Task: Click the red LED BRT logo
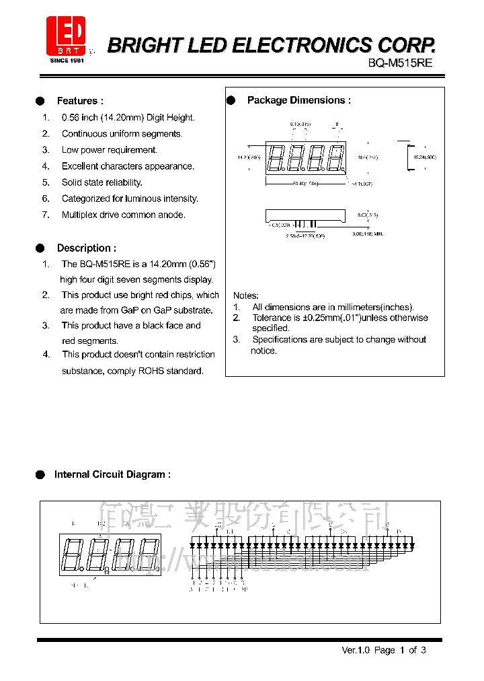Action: pyautogui.click(x=66, y=35)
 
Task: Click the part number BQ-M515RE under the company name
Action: pyautogui.click(x=400, y=62)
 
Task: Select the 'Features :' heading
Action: pyautogui.click(x=80, y=101)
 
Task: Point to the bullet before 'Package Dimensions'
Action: pyautogui.click(x=231, y=100)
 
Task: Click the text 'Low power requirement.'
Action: pyautogui.click(x=110, y=150)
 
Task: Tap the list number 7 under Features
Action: pyautogui.click(x=46, y=215)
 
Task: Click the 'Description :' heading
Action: pyautogui.click(x=86, y=248)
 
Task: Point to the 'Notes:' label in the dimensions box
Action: pyautogui.click(x=245, y=295)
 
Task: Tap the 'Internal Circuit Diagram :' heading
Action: pyautogui.click(x=112, y=474)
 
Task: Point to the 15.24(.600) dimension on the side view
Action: pyautogui.click(x=424, y=157)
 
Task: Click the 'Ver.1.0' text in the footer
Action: pyautogui.click(x=356, y=650)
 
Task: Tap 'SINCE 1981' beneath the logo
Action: pyautogui.click(x=67, y=61)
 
